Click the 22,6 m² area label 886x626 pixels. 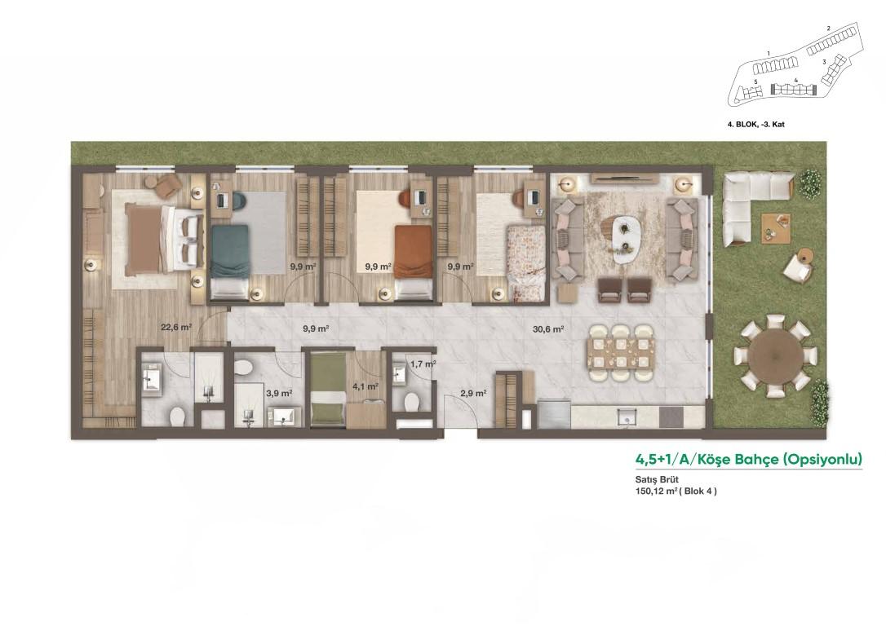(176, 327)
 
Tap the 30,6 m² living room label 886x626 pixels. (548, 328)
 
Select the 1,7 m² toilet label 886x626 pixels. (423, 364)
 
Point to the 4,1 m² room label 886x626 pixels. (365, 386)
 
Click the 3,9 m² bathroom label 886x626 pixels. (279, 393)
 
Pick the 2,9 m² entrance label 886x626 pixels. (473, 393)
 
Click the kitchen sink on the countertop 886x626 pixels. (627, 417)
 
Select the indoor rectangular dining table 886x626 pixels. (622, 353)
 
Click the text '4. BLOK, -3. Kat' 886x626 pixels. (756, 124)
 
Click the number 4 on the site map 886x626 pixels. (795, 80)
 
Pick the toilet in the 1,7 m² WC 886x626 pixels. (411, 401)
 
